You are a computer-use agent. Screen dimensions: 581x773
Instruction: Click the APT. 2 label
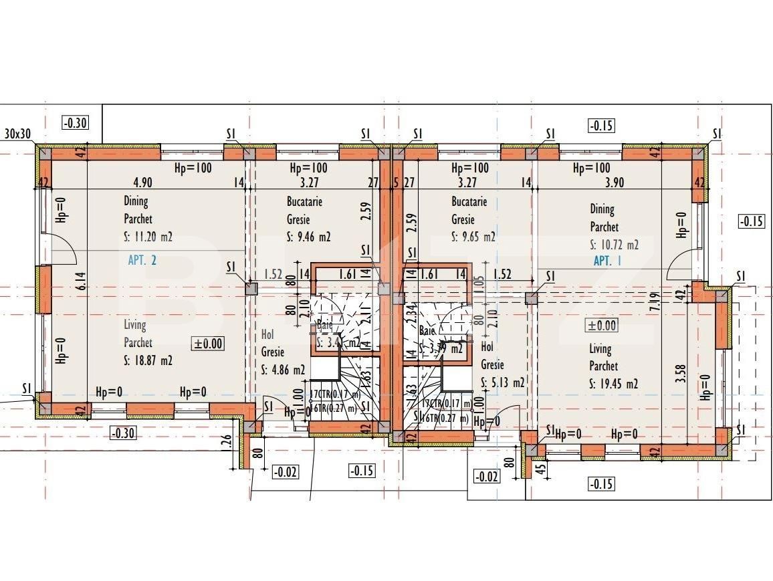coord(142,260)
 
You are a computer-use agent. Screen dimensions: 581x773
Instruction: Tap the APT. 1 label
coord(607,261)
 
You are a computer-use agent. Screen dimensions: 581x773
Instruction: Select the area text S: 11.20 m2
coord(148,235)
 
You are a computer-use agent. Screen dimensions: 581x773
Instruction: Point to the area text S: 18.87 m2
coord(148,360)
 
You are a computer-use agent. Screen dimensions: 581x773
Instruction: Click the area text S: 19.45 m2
coord(613,383)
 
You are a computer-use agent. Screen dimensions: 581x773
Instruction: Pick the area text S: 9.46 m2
coord(308,236)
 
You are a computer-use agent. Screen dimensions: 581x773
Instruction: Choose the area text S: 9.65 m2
coord(473,236)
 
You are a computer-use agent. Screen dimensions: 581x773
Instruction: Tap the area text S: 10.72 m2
coord(614,244)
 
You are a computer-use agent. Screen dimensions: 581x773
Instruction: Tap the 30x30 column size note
coord(17,134)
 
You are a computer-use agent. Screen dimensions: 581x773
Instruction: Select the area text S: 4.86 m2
coord(283,369)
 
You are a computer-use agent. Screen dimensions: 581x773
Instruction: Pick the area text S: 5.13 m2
coord(503,382)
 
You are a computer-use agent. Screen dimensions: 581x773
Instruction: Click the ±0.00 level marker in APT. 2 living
coord(208,344)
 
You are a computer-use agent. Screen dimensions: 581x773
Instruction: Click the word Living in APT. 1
coord(600,348)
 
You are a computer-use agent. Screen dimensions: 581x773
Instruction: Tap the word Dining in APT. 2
coord(136,201)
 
